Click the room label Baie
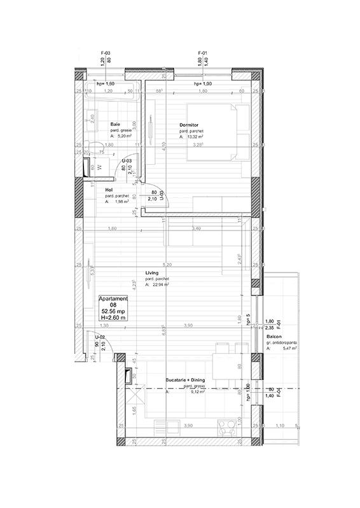click(x=115, y=124)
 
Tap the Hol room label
click(x=109, y=189)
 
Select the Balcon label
click(x=275, y=336)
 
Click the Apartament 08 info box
click(x=114, y=307)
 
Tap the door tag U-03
click(x=127, y=161)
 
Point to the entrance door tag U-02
click(x=100, y=337)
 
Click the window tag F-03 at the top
click(x=106, y=53)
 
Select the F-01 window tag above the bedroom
click(x=204, y=53)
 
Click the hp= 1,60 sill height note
click(x=105, y=84)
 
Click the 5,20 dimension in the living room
click(x=167, y=264)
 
